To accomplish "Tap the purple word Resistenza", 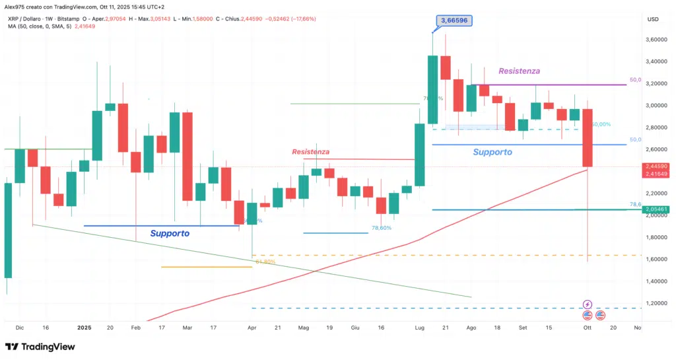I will [520, 71].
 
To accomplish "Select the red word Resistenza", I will [310, 152].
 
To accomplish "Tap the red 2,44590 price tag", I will [658, 166].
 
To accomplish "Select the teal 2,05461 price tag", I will [658, 209].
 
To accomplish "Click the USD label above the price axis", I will [654, 19].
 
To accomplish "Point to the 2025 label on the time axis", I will [84, 326].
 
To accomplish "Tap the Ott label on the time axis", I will [588, 326].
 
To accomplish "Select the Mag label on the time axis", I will [304, 326].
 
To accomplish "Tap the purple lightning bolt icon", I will [588, 304].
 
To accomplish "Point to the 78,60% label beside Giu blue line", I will [382, 228].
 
